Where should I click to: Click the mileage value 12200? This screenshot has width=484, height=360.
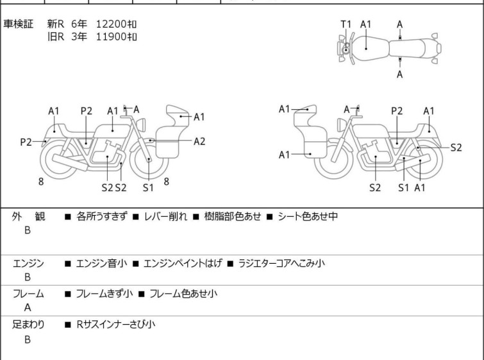[111, 24]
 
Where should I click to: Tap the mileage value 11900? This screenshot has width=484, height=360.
[111, 37]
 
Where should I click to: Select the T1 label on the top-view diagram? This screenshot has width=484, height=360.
[346, 24]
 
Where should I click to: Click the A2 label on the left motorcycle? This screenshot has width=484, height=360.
[199, 141]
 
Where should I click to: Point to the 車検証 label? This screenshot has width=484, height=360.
[18, 24]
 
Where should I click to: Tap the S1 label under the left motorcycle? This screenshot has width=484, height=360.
[148, 187]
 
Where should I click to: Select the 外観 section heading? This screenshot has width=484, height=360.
[28, 216]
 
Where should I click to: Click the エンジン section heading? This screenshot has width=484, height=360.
[28, 263]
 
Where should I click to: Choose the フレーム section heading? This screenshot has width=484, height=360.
[28, 293]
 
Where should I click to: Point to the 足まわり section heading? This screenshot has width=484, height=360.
[28, 324]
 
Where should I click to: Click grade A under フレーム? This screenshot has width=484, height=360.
[28, 307]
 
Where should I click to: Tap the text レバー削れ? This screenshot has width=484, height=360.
[166, 216]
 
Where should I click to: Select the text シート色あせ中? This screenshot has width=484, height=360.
[308, 216]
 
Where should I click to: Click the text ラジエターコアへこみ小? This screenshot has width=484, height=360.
[281, 263]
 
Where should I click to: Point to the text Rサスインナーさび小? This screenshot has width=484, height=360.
[116, 324]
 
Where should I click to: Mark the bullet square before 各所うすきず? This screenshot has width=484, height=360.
[67, 217]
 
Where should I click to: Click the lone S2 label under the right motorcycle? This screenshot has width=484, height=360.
[375, 187]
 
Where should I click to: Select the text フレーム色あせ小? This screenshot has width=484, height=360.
[183, 293]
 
